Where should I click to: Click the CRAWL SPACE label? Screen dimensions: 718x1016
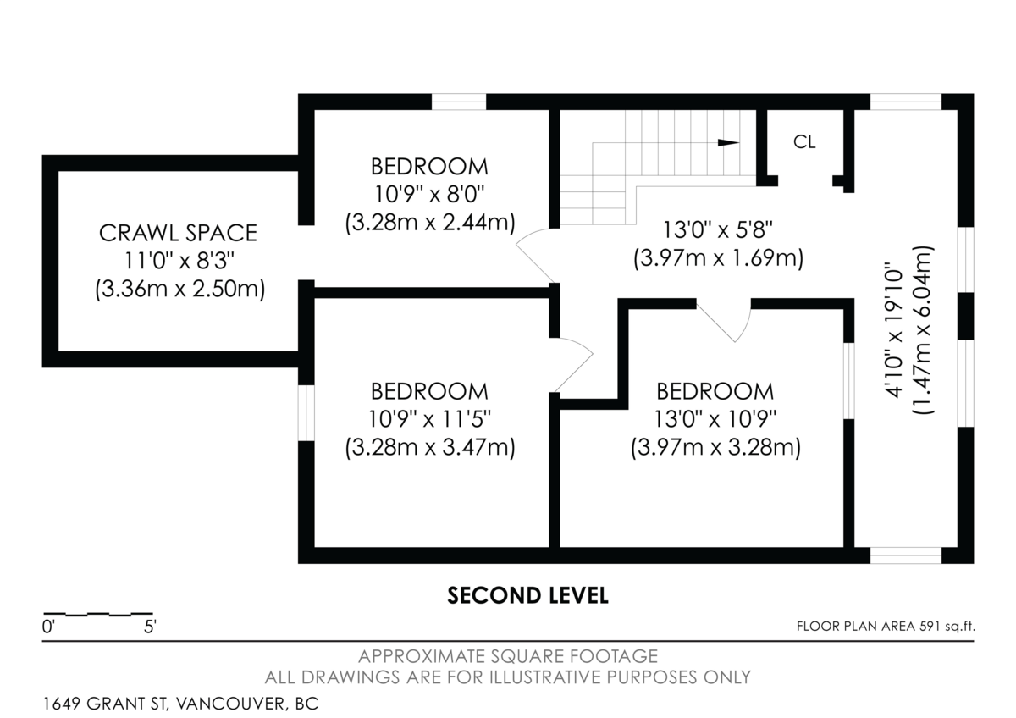pyautogui.click(x=177, y=232)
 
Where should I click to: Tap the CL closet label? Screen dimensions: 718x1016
pyautogui.click(x=804, y=142)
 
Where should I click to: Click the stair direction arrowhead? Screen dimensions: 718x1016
pyautogui.click(x=727, y=142)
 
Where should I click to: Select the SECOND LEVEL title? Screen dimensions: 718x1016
pyautogui.click(x=527, y=596)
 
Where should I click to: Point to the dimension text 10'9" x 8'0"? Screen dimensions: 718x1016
pyautogui.click(x=429, y=195)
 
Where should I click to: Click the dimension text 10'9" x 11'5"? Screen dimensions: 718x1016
pyautogui.click(x=429, y=418)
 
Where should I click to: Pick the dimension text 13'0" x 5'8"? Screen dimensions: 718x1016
pyautogui.click(x=718, y=229)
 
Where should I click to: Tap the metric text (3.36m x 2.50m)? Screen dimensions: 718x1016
pyautogui.click(x=179, y=289)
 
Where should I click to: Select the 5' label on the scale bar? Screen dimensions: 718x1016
pyautogui.click(x=149, y=628)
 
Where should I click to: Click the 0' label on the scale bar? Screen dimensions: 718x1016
pyautogui.click(x=48, y=628)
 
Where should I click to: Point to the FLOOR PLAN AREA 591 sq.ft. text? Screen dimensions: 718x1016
pyautogui.click(x=886, y=627)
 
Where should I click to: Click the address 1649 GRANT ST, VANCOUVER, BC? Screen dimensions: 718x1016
pyautogui.click(x=180, y=704)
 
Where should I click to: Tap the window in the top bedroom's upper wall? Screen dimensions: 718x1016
pyautogui.click(x=459, y=102)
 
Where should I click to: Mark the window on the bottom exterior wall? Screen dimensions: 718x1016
pyautogui.click(x=906, y=555)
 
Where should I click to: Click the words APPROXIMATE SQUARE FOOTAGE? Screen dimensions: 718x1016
pyautogui.click(x=507, y=656)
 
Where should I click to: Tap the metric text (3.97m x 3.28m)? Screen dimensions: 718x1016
pyautogui.click(x=715, y=447)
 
